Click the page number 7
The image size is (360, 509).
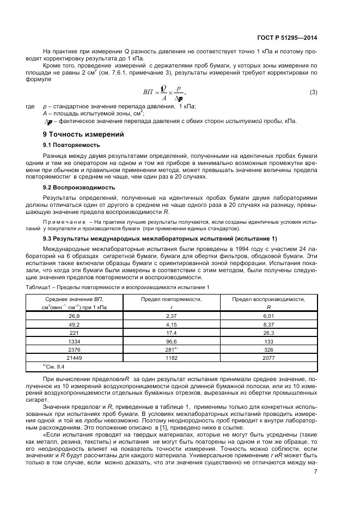pos(315,471)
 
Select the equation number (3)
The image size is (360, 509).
pos(313,92)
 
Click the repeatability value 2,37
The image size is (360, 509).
pos(172,316)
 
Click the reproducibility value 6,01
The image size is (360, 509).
pos(268,316)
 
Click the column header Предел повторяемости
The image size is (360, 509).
pos(172,299)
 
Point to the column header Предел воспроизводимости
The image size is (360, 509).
pos(268,299)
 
